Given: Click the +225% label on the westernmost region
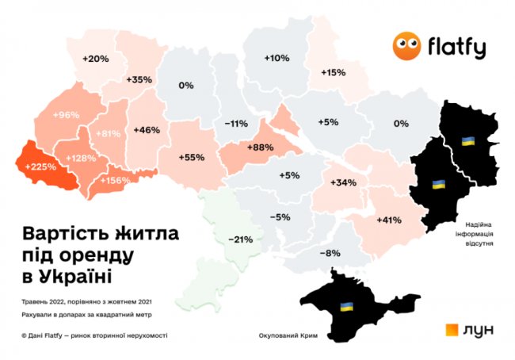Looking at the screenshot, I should pyautogui.click(x=40, y=167).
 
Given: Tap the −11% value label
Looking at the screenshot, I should pyautogui.click(x=236, y=124).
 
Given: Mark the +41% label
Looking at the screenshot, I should pyautogui.click(x=389, y=219).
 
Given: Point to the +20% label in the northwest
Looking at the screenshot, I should pyautogui.click(x=95, y=59).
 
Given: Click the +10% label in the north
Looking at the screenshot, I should pyautogui.click(x=277, y=59).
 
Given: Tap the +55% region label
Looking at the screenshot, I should pyautogui.click(x=192, y=157).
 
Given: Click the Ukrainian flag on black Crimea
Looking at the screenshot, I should pyautogui.click(x=346, y=305).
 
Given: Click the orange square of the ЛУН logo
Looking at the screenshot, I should pyautogui.click(x=452, y=330).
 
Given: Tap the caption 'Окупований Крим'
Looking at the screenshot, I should pyautogui.click(x=288, y=336).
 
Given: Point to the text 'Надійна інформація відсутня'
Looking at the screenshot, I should pyautogui.click(x=475, y=235).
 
